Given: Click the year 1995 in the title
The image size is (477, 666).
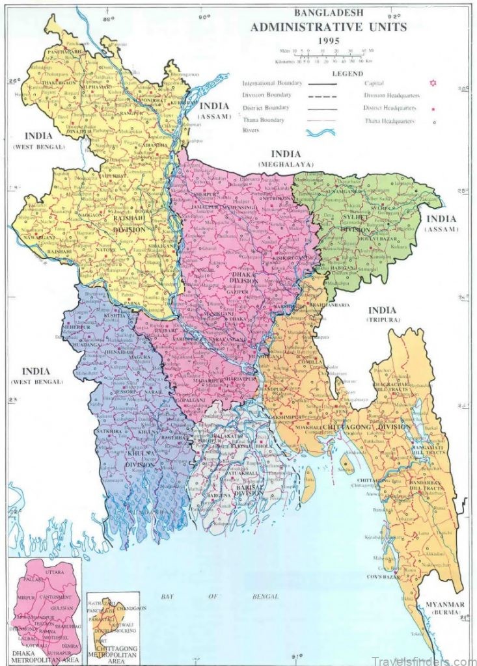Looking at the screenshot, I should (x=329, y=40).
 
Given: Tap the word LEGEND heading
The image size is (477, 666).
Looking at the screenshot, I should (x=347, y=73).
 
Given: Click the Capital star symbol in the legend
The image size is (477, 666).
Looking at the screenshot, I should (x=428, y=83).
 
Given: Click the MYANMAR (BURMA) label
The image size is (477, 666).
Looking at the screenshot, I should (x=445, y=608).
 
